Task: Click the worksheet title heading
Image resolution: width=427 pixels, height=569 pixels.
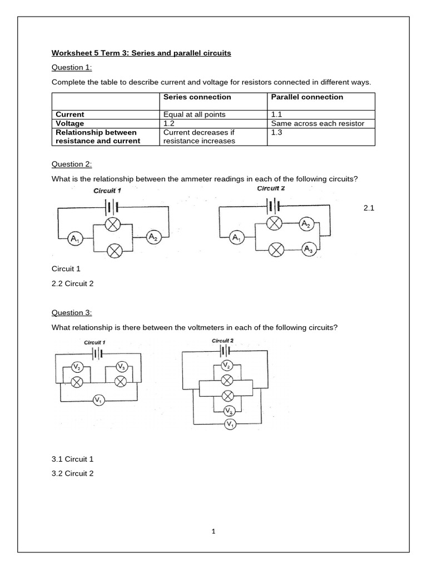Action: coord(141,53)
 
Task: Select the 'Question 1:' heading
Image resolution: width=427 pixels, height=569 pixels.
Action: coord(72,68)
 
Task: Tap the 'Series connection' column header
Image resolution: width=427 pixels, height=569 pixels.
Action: coord(197,97)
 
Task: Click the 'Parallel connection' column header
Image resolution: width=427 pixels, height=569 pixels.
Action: coord(307,97)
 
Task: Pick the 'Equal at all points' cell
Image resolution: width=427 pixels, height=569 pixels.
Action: coord(195,114)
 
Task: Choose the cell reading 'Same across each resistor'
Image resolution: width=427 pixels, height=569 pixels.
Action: coord(317,123)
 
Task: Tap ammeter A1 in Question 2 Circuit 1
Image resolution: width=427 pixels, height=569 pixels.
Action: coord(74,238)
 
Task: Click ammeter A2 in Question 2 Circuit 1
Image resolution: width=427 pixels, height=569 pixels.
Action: coord(152,237)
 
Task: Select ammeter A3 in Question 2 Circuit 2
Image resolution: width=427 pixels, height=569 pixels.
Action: coord(308,249)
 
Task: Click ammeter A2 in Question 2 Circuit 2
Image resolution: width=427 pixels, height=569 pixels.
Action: coord(305,224)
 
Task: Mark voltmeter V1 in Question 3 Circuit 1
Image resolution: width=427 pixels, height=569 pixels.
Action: coord(98,400)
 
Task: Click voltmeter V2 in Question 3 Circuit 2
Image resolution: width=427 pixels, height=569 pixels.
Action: coord(226,365)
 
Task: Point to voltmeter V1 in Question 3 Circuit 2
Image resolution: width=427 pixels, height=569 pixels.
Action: coord(229,425)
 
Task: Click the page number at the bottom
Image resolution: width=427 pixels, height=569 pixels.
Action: coord(213,531)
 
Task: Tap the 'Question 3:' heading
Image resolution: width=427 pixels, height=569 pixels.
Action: coord(72,313)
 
